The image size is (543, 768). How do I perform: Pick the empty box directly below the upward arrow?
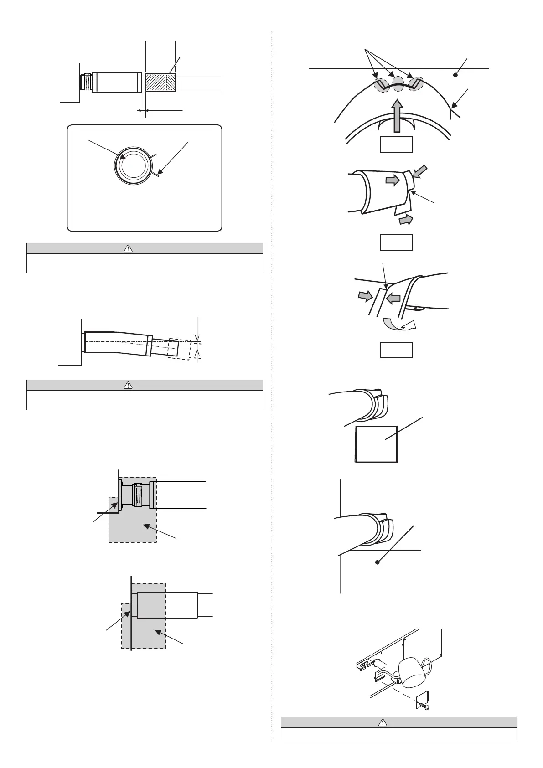[397, 144]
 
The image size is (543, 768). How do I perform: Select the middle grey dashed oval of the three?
[398, 84]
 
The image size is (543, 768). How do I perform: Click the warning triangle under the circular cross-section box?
[128, 248]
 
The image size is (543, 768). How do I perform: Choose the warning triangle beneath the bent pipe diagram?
[128, 385]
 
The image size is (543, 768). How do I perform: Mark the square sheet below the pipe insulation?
[376, 444]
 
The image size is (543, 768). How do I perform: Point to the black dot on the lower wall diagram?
[377, 562]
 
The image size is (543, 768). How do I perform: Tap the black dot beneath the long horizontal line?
[455, 75]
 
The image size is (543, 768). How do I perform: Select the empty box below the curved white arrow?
[397, 350]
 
